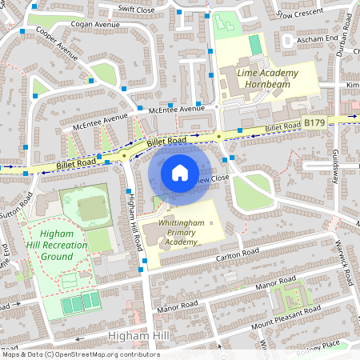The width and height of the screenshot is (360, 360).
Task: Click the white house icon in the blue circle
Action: pyautogui.click(x=180, y=172)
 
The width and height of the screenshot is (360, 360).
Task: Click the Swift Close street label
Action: pyautogui.click(x=137, y=9)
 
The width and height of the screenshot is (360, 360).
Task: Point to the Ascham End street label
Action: pyautogui.click(x=317, y=38)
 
